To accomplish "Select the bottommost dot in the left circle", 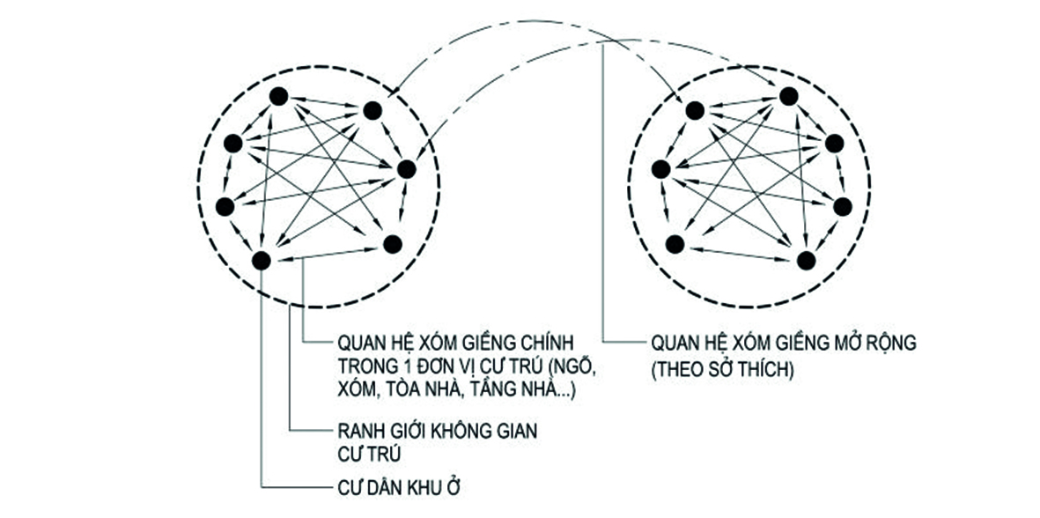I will pyautogui.click(x=261, y=259).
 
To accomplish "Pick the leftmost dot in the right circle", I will pyautogui.click(x=661, y=168).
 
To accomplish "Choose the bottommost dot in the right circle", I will pyautogui.click(x=805, y=259).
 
